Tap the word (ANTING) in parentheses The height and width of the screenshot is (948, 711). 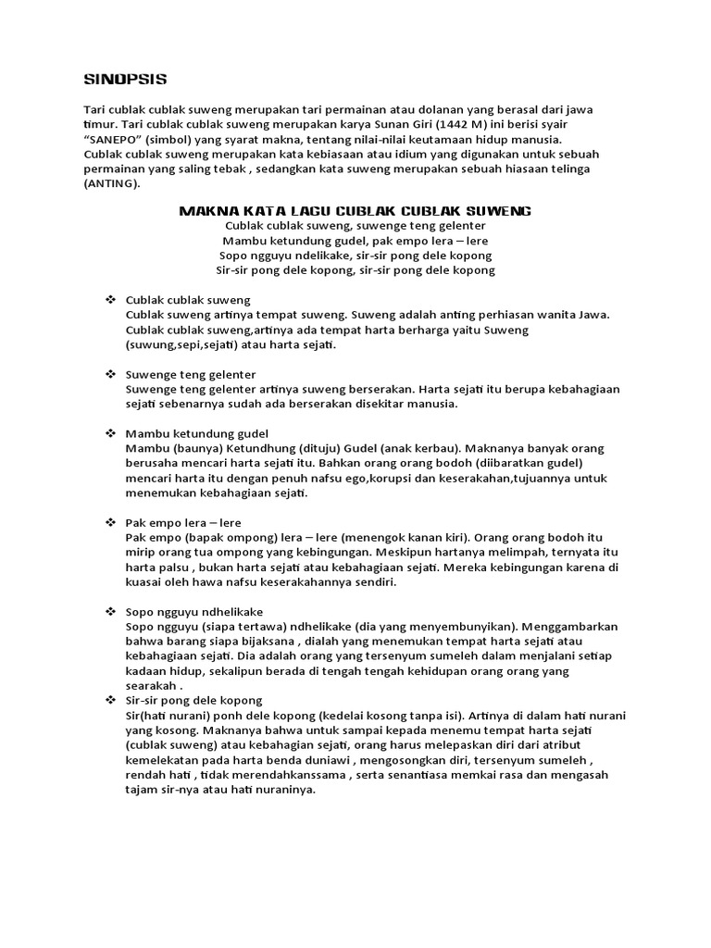[112, 184]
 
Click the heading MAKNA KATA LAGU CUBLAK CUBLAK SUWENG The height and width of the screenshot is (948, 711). [355, 211]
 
